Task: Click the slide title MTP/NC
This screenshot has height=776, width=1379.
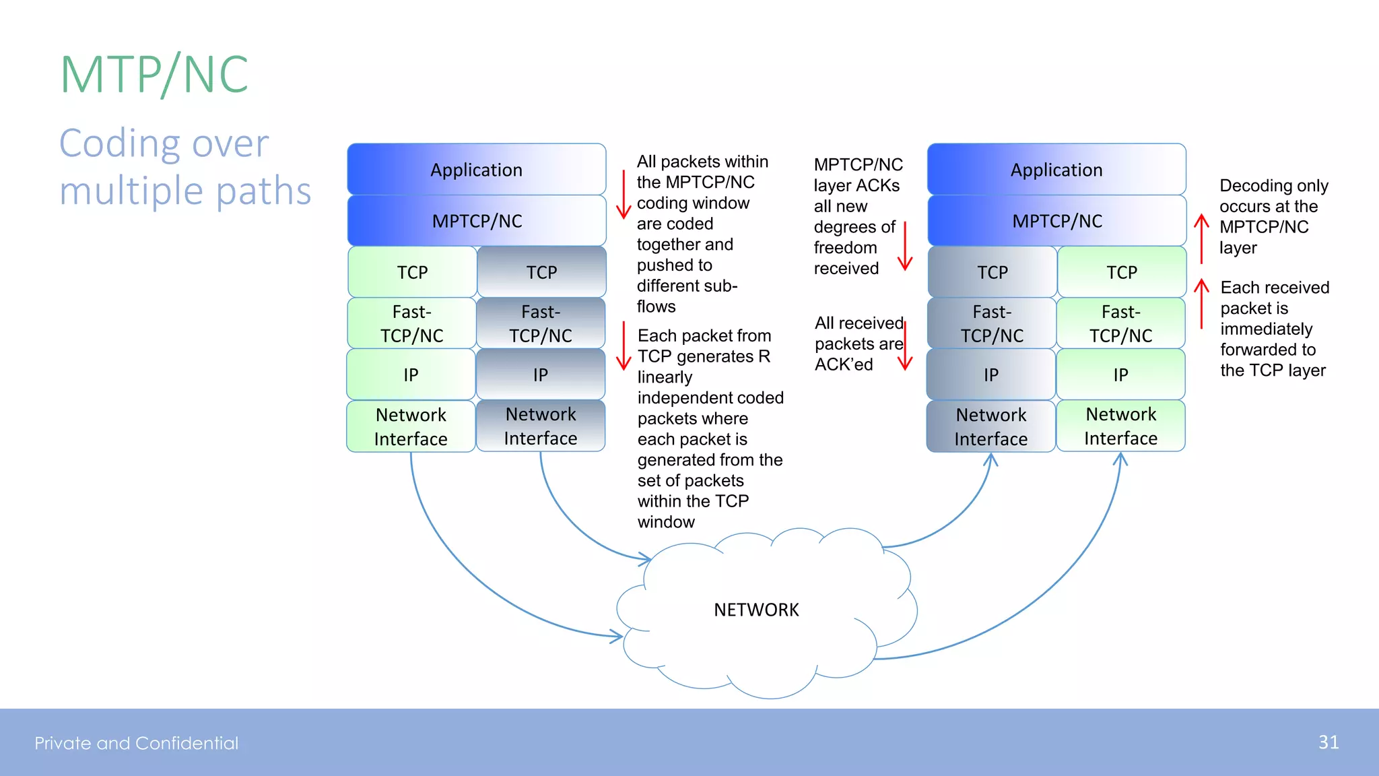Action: (155, 74)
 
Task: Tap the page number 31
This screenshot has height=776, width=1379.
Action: (1328, 742)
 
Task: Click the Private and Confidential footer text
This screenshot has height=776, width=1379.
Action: (137, 743)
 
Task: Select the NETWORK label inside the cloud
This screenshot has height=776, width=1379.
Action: (756, 610)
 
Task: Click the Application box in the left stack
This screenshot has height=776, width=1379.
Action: (476, 170)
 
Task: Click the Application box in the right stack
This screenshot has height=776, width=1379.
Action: (1056, 170)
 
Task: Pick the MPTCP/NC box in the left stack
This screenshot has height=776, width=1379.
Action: (476, 221)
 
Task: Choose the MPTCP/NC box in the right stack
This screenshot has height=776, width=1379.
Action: (1056, 221)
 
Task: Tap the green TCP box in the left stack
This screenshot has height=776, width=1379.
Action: (411, 272)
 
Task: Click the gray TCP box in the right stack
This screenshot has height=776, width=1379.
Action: (992, 272)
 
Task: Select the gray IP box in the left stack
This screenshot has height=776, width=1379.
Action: (540, 375)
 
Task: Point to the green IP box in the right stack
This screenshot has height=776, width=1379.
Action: (1120, 375)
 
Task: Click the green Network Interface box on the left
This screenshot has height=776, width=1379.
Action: (411, 426)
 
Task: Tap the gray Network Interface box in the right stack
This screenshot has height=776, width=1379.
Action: (990, 426)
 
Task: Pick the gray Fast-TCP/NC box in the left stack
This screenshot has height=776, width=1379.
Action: (540, 323)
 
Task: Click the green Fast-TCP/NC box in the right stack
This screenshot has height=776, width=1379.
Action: (1120, 323)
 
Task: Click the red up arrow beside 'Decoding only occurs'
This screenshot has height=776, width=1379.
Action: (1201, 238)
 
